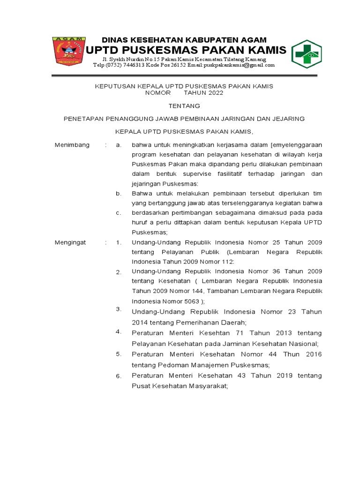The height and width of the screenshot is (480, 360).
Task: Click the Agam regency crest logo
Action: (x=68, y=50)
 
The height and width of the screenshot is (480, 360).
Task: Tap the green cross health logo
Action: (x=306, y=54)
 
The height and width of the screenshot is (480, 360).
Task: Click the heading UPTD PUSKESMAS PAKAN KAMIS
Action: (x=185, y=50)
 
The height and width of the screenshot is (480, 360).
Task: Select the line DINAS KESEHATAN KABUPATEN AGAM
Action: (x=184, y=40)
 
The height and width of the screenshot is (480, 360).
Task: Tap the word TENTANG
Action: (x=184, y=105)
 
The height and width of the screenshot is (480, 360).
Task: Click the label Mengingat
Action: (x=70, y=242)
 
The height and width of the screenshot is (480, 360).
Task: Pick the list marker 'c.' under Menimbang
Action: (x=119, y=213)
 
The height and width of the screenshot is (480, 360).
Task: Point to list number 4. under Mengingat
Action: (x=119, y=332)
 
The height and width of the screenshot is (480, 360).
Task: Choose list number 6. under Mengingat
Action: (x=119, y=376)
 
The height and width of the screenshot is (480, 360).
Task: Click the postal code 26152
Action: (x=173, y=65)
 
